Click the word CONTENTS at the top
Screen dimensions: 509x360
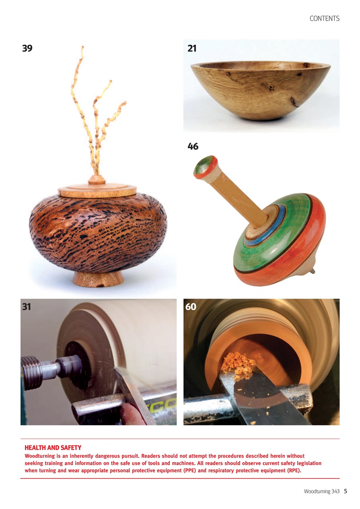click(x=324, y=18)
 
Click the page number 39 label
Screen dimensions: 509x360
click(x=27, y=49)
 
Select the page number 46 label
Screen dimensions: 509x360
click(x=193, y=147)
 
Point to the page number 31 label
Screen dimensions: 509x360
click(x=27, y=307)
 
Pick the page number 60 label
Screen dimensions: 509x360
click(x=191, y=307)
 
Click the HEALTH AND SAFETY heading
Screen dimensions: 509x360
click(x=53, y=448)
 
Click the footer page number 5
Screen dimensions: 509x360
click(x=346, y=492)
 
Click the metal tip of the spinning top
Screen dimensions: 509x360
click(x=313, y=271)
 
